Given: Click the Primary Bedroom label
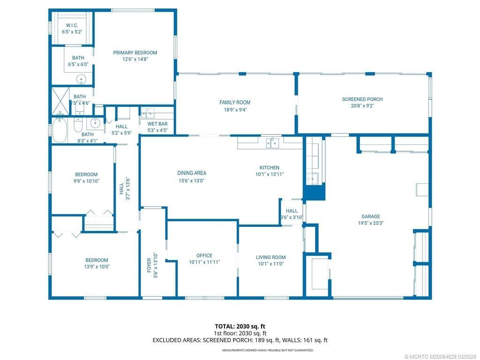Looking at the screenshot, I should (x=135, y=53).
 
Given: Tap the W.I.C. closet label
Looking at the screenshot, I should (x=72, y=25).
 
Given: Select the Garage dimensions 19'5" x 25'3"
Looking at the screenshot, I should (x=370, y=223).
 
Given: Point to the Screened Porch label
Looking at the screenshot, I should (x=362, y=99).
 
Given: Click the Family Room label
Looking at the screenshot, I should (x=235, y=103).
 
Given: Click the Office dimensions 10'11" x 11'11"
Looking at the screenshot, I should (x=204, y=262).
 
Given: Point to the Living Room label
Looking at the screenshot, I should (x=270, y=257).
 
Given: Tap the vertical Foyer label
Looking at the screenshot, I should (x=149, y=265).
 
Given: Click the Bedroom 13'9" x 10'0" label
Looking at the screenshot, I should (x=97, y=261).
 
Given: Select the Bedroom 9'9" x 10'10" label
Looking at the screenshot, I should (x=86, y=175).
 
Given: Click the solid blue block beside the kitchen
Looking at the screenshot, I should (x=314, y=192).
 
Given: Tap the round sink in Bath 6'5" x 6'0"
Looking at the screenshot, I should (x=82, y=79).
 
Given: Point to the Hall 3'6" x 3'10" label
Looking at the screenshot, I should (x=292, y=211).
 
